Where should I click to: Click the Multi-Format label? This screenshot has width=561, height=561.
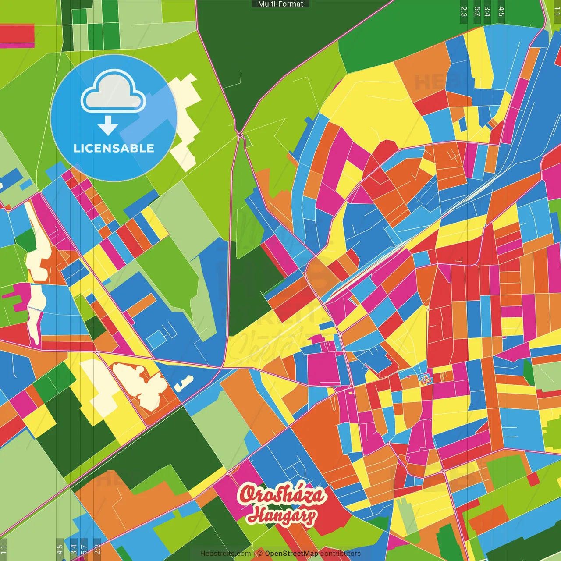click(x=280, y=4)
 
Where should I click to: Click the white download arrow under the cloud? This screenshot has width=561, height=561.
click(x=108, y=126)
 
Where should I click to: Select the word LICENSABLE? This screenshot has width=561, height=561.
click(x=114, y=148)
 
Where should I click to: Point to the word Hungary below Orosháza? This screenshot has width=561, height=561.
click(x=281, y=515)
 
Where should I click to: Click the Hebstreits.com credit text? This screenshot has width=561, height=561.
click(x=225, y=554)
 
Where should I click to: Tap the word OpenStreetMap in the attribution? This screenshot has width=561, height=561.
click(x=291, y=554)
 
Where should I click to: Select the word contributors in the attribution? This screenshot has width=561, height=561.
click(x=341, y=554)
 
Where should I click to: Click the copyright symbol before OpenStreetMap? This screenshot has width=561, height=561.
click(x=260, y=554)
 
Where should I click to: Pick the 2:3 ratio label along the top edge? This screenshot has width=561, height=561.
click(x=464, y=11)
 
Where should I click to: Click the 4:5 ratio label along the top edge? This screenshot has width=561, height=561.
click(x=501, y=11)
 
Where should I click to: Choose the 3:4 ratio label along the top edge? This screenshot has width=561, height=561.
click(x=487, y=11)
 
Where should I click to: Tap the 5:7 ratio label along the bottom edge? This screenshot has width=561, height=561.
click(x=84, y=550)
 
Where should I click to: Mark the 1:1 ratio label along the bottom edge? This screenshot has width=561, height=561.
click(x=4, y=550)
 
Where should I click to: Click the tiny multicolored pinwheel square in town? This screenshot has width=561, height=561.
click(x=424, y=379)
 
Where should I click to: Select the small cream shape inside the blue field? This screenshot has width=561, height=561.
click(x=184, y=383)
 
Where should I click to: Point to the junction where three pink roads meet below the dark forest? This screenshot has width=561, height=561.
click(x=240, y=135)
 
